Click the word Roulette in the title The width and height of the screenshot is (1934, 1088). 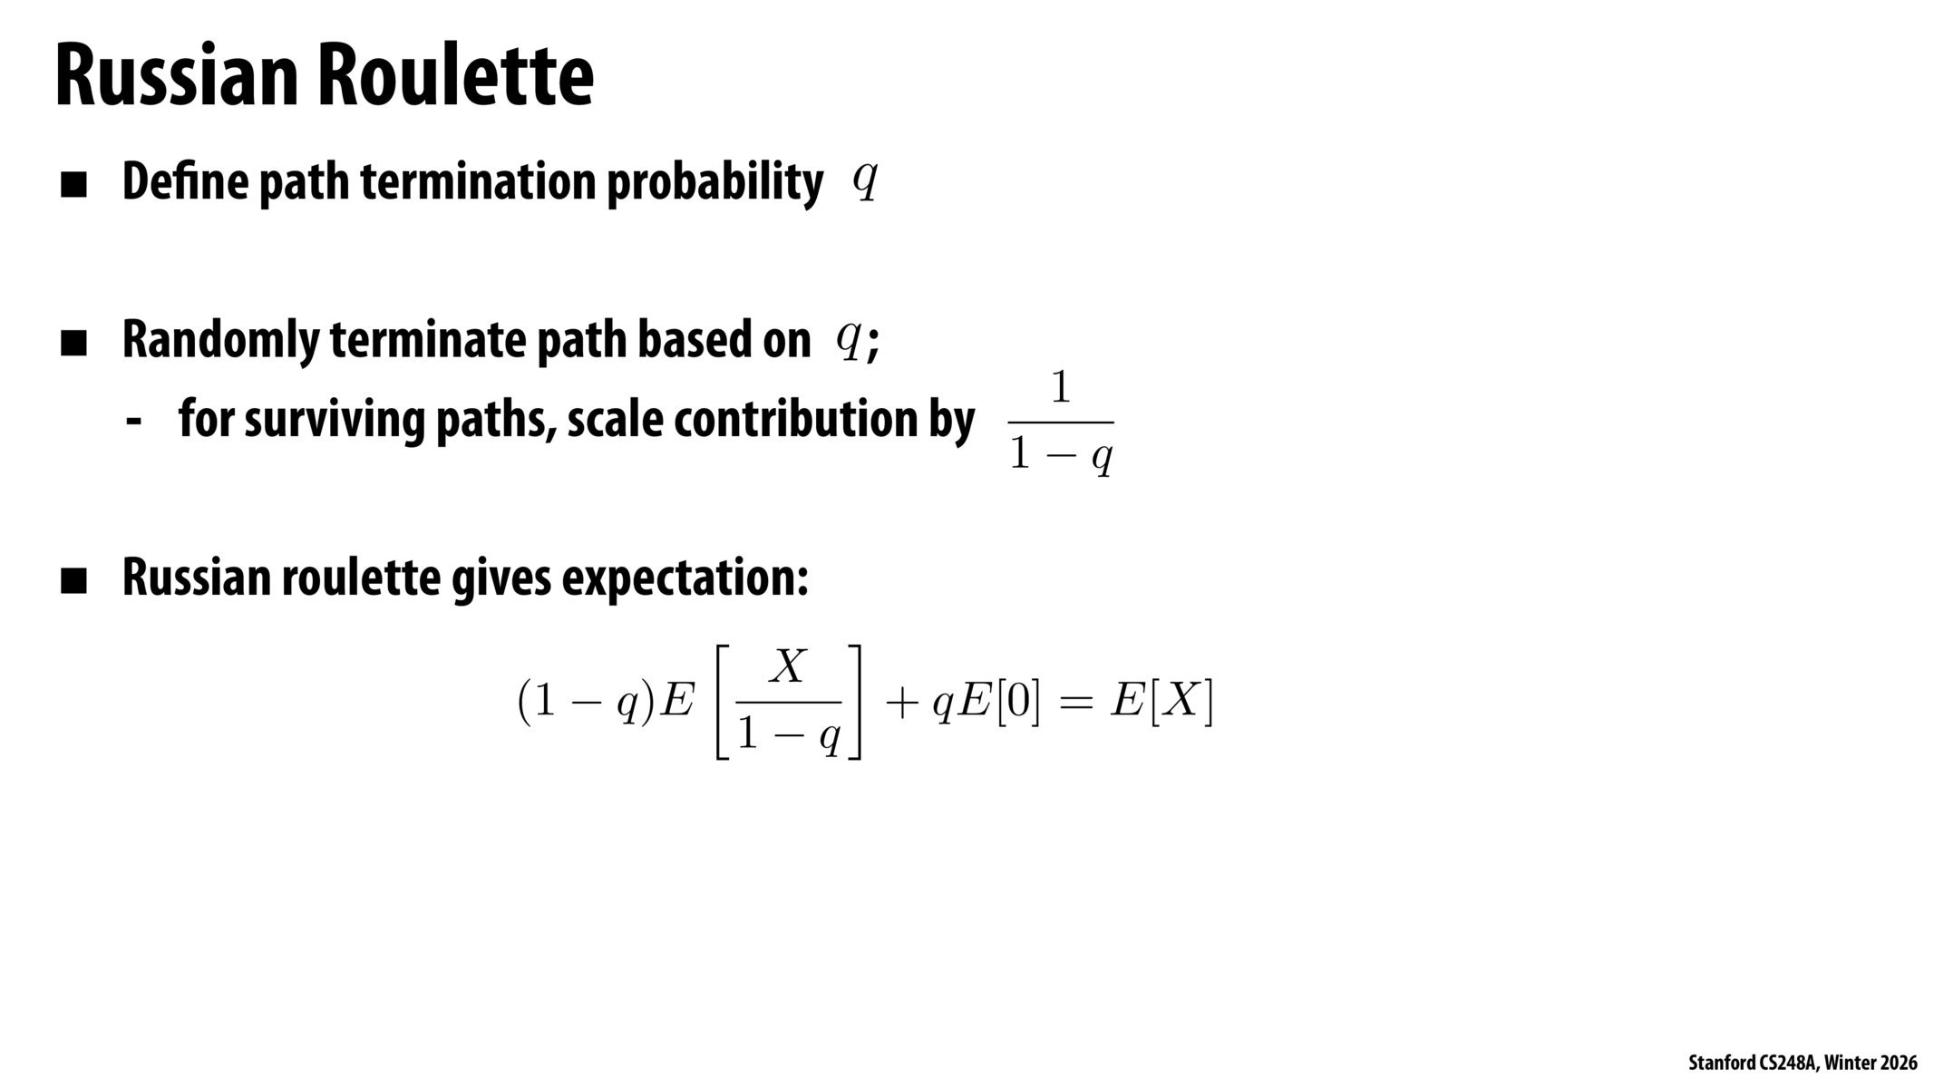click(x=455, y=75)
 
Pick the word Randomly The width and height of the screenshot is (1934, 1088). click(x=221, y=341)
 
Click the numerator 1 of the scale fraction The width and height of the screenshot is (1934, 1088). click(x=1060, y=389)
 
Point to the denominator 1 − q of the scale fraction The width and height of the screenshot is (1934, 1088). click(x=1061, y=456)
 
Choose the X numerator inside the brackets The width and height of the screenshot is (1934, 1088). click(x=788, y=667)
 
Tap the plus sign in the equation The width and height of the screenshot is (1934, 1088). click(x=902, y=704)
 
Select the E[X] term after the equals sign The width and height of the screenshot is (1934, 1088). click(x=1161, y=702)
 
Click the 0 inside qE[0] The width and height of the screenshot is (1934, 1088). click(x=1018, y=703)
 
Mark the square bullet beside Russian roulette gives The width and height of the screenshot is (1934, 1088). click(x=73, y=580)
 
